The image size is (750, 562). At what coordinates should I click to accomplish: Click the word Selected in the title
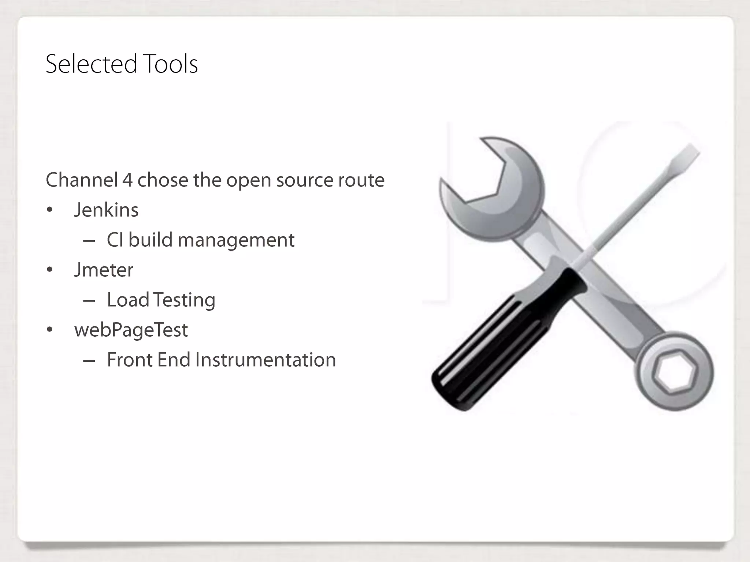(91, 64)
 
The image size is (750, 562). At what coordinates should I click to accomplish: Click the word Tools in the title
(170, 64)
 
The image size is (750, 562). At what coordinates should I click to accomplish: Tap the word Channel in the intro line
(82, 180)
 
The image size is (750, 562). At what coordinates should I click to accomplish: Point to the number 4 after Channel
(127, 180)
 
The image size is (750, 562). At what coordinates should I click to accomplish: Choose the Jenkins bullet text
(106, 210)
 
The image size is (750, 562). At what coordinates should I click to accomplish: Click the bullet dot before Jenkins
(50, 210)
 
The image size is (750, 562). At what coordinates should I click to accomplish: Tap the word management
(236, 241)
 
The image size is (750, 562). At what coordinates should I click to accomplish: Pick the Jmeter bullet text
(104, 270)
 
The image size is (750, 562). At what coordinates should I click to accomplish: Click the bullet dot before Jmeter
(50, 270)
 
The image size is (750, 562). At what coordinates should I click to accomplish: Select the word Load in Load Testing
(128, 300)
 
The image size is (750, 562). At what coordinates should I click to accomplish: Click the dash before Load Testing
(89, 301)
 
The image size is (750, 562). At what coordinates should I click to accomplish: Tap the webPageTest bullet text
(131, 330)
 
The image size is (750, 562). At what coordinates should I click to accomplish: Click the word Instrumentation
(266, 360)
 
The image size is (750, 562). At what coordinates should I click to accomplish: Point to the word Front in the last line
(129, 360)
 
